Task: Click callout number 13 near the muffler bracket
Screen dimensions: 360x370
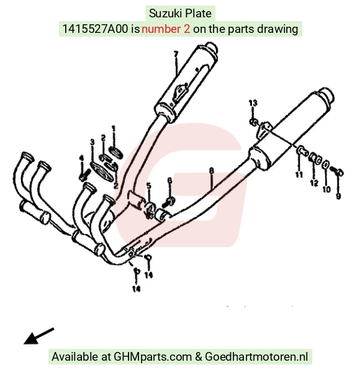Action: tap(253, 103)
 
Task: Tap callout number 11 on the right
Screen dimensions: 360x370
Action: tap(299, 174)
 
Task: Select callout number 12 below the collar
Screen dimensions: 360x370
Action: tap(314, 183)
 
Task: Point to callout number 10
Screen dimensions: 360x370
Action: tap(326, 189)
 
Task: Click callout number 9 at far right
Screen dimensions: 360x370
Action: tap(338, 196)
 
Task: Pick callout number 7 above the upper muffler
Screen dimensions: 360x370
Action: tap(176, 54)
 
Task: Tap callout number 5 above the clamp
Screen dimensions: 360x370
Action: tap(148, 186)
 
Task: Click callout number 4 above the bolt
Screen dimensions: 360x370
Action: tap(81, 158)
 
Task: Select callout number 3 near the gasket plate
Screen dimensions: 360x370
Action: tap(92, 142)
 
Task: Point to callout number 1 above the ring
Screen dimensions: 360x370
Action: tap(114, 129)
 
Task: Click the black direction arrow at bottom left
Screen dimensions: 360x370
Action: tap(38, 336)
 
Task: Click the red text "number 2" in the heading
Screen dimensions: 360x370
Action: tap(166, 29)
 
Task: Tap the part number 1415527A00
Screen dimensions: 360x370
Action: tap(95, 29)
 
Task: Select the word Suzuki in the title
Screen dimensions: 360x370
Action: tap(166, 13)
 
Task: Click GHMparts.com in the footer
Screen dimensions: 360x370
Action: tap(153, 356)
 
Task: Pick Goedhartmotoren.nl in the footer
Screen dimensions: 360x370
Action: tap(256, 356)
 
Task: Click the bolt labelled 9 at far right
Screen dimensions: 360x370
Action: tap(337, 171)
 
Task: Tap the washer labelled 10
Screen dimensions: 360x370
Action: tap(326, 165)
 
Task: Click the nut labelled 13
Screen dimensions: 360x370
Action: tap(253, 122)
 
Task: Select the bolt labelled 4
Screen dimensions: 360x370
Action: tap(84, 175)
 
